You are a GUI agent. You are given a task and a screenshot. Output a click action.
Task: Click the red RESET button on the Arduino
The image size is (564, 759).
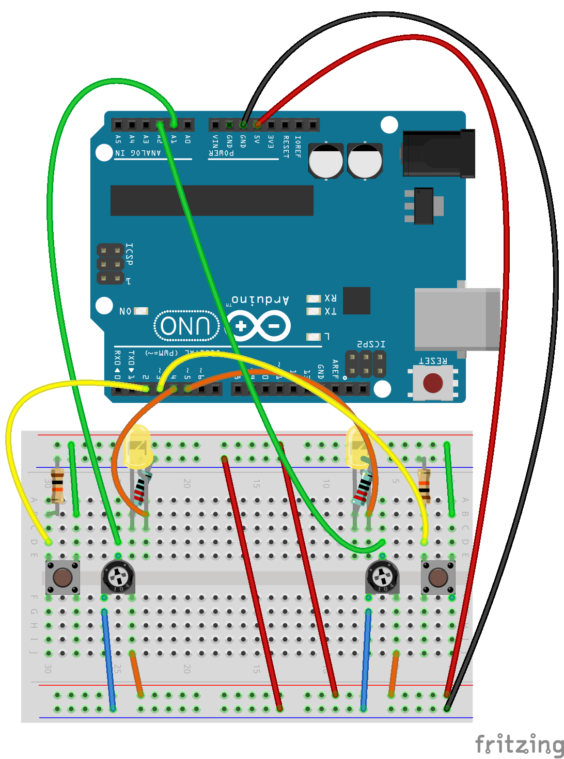click(x=433, y=383)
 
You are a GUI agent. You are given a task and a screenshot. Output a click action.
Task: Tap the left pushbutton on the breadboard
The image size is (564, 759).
click(x=62, y=577)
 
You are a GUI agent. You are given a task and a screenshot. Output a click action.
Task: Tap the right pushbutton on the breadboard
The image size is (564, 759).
click(x=438, y=577)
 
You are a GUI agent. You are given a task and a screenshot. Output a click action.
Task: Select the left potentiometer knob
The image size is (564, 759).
click(x=118, y=575)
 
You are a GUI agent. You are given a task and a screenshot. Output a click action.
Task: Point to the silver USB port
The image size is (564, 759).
click(x=457, y=319)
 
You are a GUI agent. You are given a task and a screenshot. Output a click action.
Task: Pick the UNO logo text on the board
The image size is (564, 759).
click(x=186, y=326)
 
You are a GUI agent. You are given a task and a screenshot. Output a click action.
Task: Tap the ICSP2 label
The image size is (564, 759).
click(x=371, y=344)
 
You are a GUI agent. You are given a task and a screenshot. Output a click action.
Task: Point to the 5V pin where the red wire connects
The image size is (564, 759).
click(x=257, y=124)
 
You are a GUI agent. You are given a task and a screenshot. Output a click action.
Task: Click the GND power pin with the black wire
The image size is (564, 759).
click(x=243, y=124)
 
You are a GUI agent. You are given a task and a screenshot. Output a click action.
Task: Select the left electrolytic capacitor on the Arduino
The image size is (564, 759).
click(x=325, y=161)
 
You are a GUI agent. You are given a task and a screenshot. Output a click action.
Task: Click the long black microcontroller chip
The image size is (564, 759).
click(x=212, y=200)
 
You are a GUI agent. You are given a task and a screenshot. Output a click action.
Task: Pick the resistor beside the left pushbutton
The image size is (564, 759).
click(x=57, y=485)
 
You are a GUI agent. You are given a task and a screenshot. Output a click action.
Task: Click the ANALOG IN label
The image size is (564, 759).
click(x=138, y=153)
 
